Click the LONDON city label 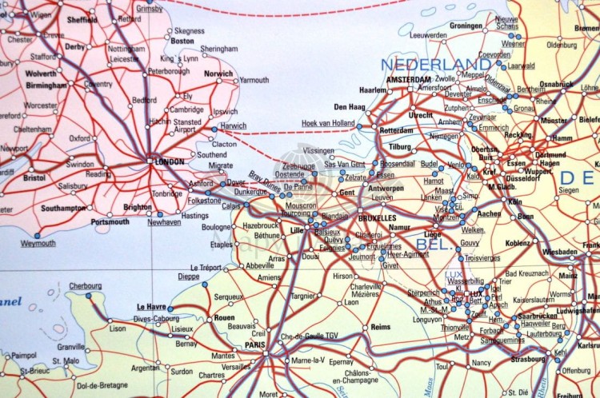click(169, 161)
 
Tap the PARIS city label click(254, 344)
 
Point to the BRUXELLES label click(377, 217)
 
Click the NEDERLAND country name click(436, 64)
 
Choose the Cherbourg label click(86, 285)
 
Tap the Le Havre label click(150, 306)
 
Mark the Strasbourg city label click(528, 359)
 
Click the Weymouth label click(38, 243)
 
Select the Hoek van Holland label click(328, 122)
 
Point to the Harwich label click(233, 125)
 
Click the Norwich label click(218, 74)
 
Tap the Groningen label click(466, 26)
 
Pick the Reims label click(381, 327)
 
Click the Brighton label click(138, 207)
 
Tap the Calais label click(230, 205)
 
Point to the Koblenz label click(518, 243)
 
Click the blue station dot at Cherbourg click(88, 296)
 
